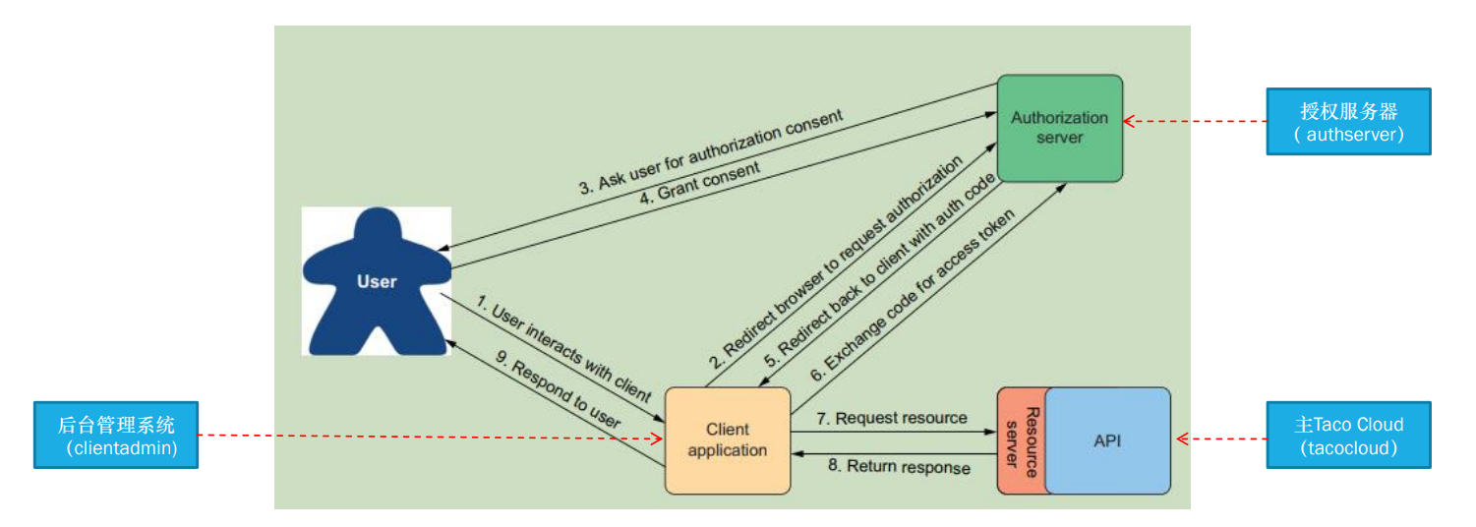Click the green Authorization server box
1059,128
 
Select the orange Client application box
728,440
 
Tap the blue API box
1107,440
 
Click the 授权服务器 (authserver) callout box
1346,122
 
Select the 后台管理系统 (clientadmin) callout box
116,435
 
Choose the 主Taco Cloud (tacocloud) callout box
1348,435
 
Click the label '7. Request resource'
893,419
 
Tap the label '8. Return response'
898,467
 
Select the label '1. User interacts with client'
563,349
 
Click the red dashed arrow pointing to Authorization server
1195,122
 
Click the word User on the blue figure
377,282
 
